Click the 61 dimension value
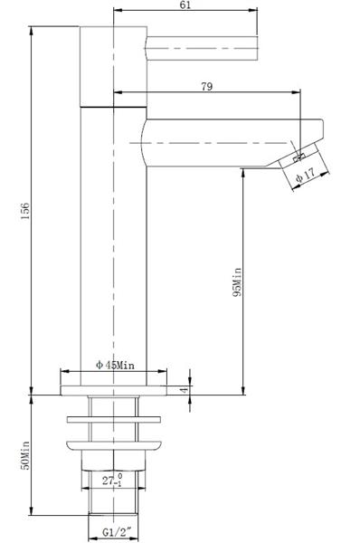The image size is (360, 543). click(185, 5)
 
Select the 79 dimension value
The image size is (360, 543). click(206, 86)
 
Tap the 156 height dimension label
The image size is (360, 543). click(25, 211)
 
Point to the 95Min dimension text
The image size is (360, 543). click(237, 281)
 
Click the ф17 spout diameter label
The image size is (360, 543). click(306, 176)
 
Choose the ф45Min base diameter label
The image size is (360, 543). click(115, 365)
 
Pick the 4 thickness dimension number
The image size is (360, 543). click(185, 389)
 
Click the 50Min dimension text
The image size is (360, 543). click(25, 455)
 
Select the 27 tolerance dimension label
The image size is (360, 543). click(112, 481)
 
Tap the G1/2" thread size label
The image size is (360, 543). click(117, 531)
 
